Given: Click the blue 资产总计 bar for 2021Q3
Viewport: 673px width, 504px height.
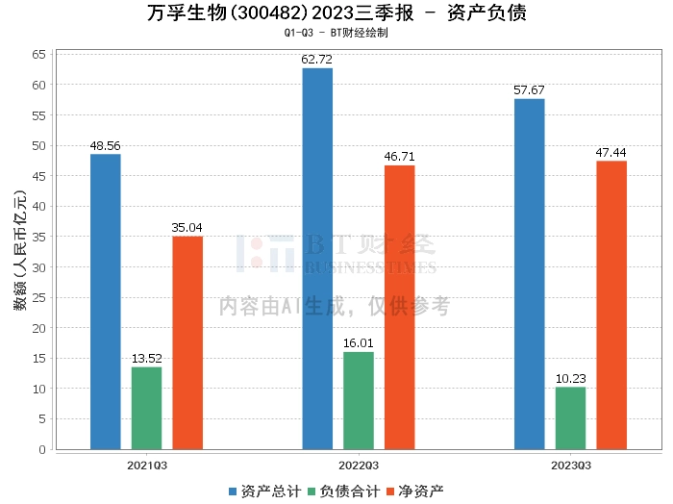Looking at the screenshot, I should coord(106,302).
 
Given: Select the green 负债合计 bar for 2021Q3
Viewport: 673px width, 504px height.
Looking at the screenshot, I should coord(146,408).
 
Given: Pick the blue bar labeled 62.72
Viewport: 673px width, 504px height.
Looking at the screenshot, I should coord(317,259).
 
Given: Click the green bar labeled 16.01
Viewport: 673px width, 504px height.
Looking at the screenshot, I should coord(359,400).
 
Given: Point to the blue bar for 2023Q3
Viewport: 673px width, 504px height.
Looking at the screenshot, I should coord(529,274).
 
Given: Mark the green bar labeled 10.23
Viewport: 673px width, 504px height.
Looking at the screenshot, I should coord(570,417).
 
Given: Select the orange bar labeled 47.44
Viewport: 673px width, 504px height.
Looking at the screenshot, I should coord(611,305).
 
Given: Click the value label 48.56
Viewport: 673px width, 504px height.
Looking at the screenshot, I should coord(106,146).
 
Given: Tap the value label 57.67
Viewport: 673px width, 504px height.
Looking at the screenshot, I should coord(529,91).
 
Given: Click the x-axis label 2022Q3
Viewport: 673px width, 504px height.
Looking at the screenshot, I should coord(359,466).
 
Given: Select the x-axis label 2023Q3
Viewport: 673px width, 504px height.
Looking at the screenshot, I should coord(570,466).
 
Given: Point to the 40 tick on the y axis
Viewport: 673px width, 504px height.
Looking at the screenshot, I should coord(39,206).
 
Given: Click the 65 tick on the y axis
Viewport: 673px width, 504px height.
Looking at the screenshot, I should coord(39,54).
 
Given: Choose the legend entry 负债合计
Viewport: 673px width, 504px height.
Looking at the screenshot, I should coord(343,491).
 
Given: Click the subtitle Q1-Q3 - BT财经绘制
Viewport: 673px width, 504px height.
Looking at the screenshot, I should coord(336,33).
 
